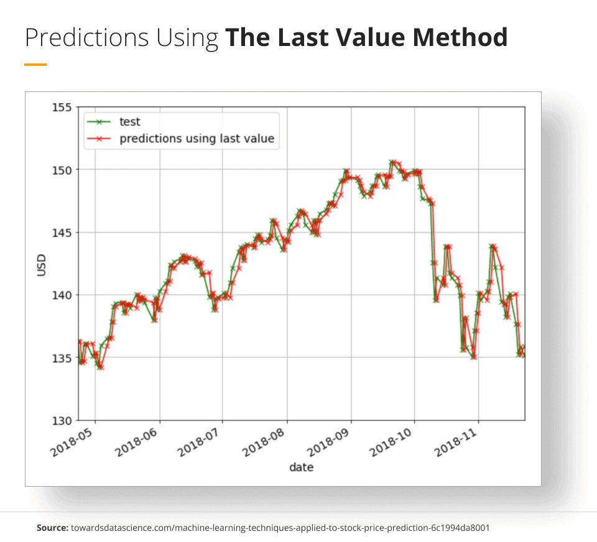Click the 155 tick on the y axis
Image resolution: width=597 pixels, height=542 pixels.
[63, 107]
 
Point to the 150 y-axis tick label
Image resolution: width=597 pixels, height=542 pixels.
[63, 170]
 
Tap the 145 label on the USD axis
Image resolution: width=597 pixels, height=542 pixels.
[63, 232]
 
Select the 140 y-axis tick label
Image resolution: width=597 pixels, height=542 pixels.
[63, 295]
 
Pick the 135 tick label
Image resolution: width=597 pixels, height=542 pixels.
[63, 358]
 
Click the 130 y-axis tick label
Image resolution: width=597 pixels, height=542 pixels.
[63, 421]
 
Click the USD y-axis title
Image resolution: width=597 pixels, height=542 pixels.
[42, 265]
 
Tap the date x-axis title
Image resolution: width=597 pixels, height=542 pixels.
[302, 467]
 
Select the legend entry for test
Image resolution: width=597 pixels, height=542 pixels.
[130, 122]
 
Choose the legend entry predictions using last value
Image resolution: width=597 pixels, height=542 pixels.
[197, 138]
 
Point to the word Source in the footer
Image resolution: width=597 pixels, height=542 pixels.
[52, 528]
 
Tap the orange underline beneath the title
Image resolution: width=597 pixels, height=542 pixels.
[35, 64]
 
